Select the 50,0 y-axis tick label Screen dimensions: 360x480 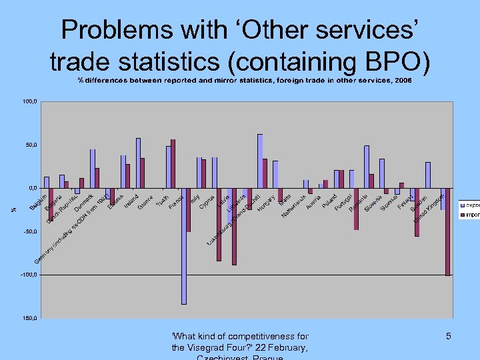(x=30, y=145)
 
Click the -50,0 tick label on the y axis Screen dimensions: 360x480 (x=29, y=231)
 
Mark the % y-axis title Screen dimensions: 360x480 (x=15, y=210)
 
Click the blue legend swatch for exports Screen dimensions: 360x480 (x=461, y=205)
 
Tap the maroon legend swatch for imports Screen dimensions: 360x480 (x=461, y=215)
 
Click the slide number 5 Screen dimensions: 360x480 (x=449, y=337)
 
